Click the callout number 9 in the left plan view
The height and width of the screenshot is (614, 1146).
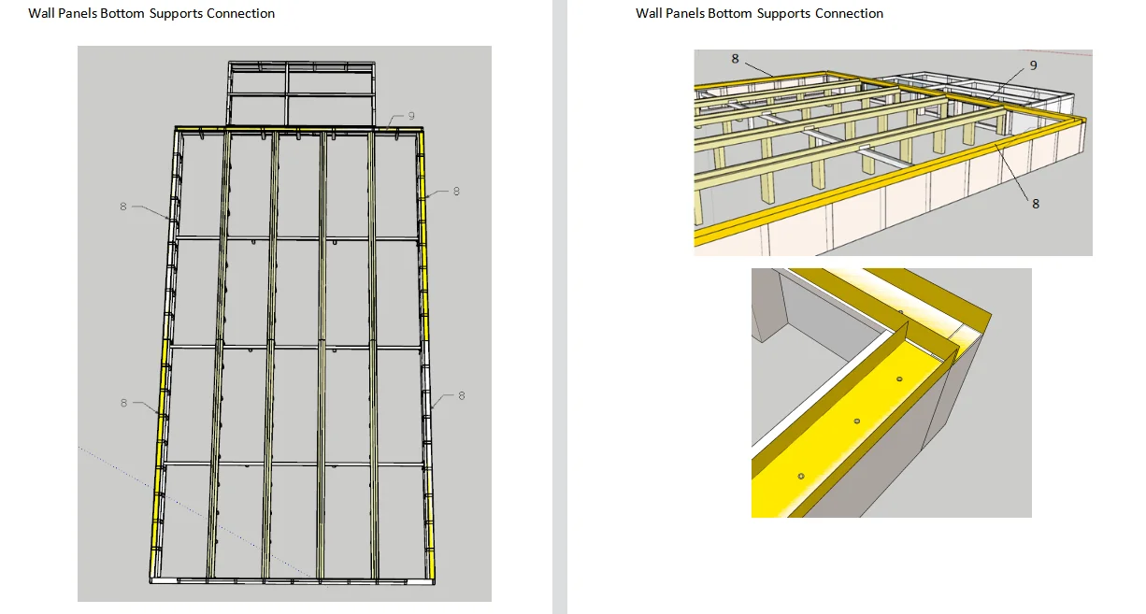click(x=411, y=116)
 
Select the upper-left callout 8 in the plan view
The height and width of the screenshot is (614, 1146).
click(x=123, y=207)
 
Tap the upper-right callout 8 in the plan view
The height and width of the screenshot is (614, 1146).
click(x=456, y=192)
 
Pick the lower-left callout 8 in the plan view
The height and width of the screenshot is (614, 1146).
click(x=123, y=403)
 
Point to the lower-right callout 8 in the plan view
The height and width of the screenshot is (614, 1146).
click(x=461, y=396)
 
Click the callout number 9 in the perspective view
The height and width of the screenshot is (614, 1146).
click(x=1033, y=65)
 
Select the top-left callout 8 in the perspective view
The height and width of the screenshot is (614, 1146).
click(x=735, y=59)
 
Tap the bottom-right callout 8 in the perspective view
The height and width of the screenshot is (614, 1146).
click(x=1036, y=203)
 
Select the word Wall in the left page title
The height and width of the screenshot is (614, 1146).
click(x=40, y=14)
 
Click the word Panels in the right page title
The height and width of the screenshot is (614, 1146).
click(x=684, y=14)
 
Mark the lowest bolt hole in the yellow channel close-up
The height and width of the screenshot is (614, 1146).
click(x=801, y=477)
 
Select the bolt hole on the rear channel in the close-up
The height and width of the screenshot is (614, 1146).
click(x=900, y=313)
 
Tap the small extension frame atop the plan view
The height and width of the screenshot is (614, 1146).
click(x=302, y=93)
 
